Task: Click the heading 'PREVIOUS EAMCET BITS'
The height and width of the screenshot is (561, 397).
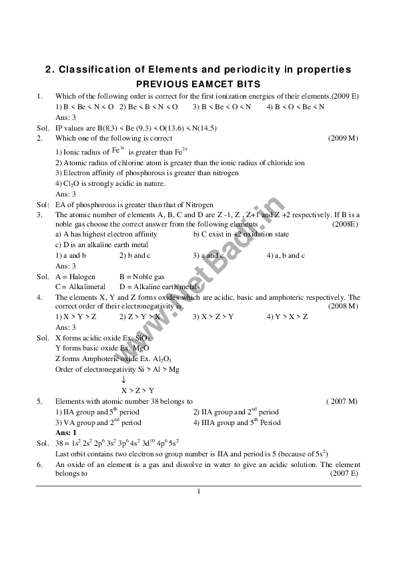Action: coord(198,85)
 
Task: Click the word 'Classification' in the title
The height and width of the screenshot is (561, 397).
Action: coord(95,70)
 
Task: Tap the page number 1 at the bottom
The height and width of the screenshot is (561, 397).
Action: coord(199,492)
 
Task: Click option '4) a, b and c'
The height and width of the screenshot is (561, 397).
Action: coord(286,255)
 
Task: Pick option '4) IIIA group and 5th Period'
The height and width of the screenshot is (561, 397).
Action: coord(237,422)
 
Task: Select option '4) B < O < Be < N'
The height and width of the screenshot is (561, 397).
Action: coord(296,107)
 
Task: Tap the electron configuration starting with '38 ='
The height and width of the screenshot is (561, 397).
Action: coord(117,442)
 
